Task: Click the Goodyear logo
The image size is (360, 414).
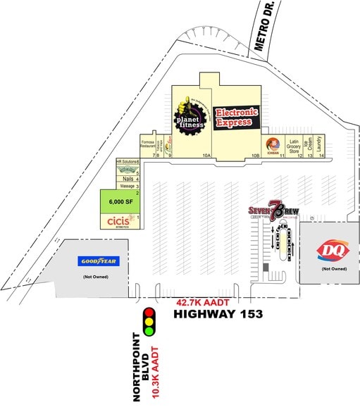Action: click(99, 261)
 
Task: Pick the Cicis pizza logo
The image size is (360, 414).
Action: click(115, 222)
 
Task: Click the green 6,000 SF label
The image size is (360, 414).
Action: click(120, 201)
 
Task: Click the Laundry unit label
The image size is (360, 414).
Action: click(321, 146)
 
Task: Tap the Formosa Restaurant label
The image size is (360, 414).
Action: click(147, 144)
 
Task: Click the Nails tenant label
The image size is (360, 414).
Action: click(128, 180)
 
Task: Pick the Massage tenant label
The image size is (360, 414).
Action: click(127, 187)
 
